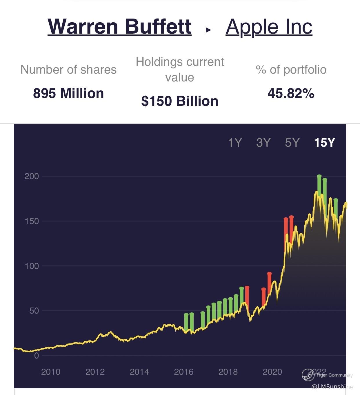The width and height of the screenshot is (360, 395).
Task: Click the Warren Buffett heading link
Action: [x=119, y=26]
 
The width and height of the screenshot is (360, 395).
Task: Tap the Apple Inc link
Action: [x=269, y=27]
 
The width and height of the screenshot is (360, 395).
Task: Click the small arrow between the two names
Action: [x=208, y=29]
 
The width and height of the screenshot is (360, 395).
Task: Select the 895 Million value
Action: [x=68, y=93]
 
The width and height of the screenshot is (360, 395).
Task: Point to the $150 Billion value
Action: [x=180, y=101]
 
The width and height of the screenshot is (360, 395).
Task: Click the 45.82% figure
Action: [x=291, y=93]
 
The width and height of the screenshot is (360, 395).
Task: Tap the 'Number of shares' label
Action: [x=68, y=70]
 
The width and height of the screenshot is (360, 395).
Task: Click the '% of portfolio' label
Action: [x=291, y=70]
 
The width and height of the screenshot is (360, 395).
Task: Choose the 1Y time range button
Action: [x=235, y=142]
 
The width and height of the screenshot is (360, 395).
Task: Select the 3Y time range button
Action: [x=263, y=142]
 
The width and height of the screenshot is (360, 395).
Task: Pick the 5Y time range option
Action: [x=292, y=142]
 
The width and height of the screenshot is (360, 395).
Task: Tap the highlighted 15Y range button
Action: [x=324, y=142]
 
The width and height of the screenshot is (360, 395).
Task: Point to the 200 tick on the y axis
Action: [x=32, y=176]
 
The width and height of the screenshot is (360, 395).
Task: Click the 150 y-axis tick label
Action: [x=32, y=221]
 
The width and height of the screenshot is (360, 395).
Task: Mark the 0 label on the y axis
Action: [x=36, y=356]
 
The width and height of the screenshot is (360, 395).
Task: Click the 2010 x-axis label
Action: [x=51, y=372]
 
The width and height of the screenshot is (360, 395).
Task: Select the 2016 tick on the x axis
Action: [x=183, y=372]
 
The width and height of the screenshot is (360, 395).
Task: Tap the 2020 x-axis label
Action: [x=272, y=372]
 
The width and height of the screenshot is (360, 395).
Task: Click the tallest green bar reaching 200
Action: [x=319, y=185]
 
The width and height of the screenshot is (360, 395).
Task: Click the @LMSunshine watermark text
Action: [x=332, y=387]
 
